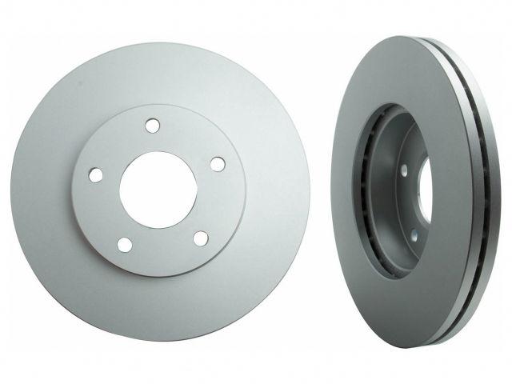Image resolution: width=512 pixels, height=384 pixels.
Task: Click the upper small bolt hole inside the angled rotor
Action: pos(404,170)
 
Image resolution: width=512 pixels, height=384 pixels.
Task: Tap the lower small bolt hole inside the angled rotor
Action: pos(414,233)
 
